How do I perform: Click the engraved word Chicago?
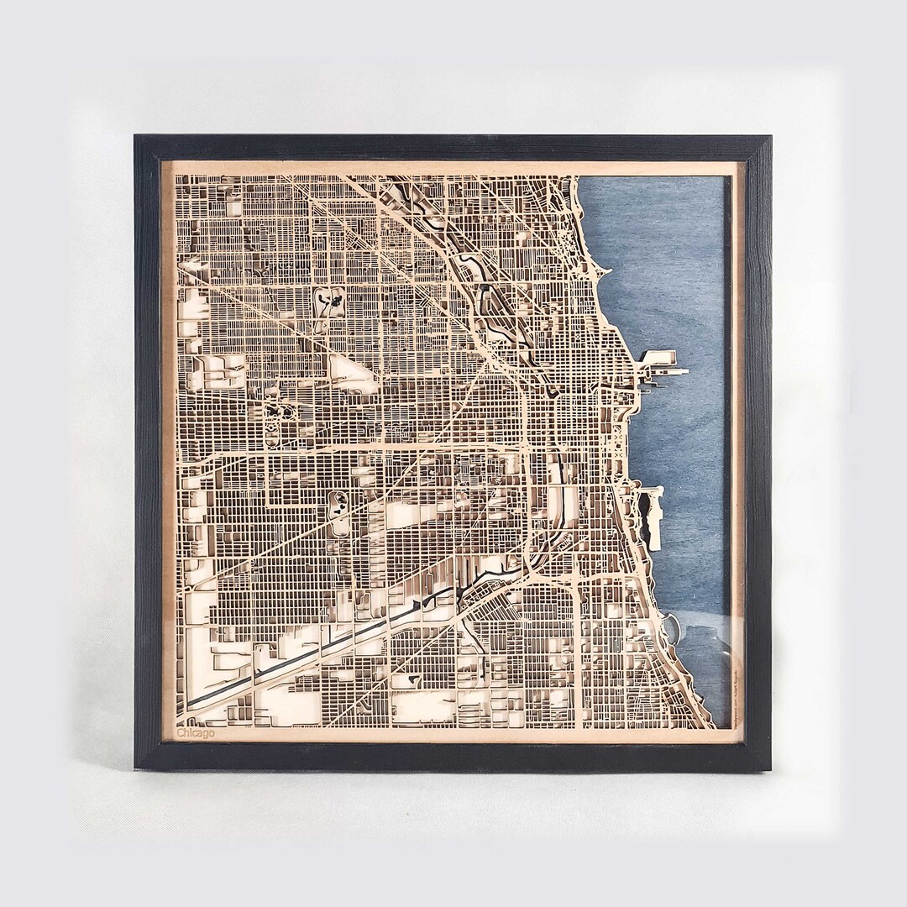tap(196, 733)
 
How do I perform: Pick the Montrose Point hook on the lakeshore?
tap(601, 274)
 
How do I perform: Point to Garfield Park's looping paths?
tap(278, 416)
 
